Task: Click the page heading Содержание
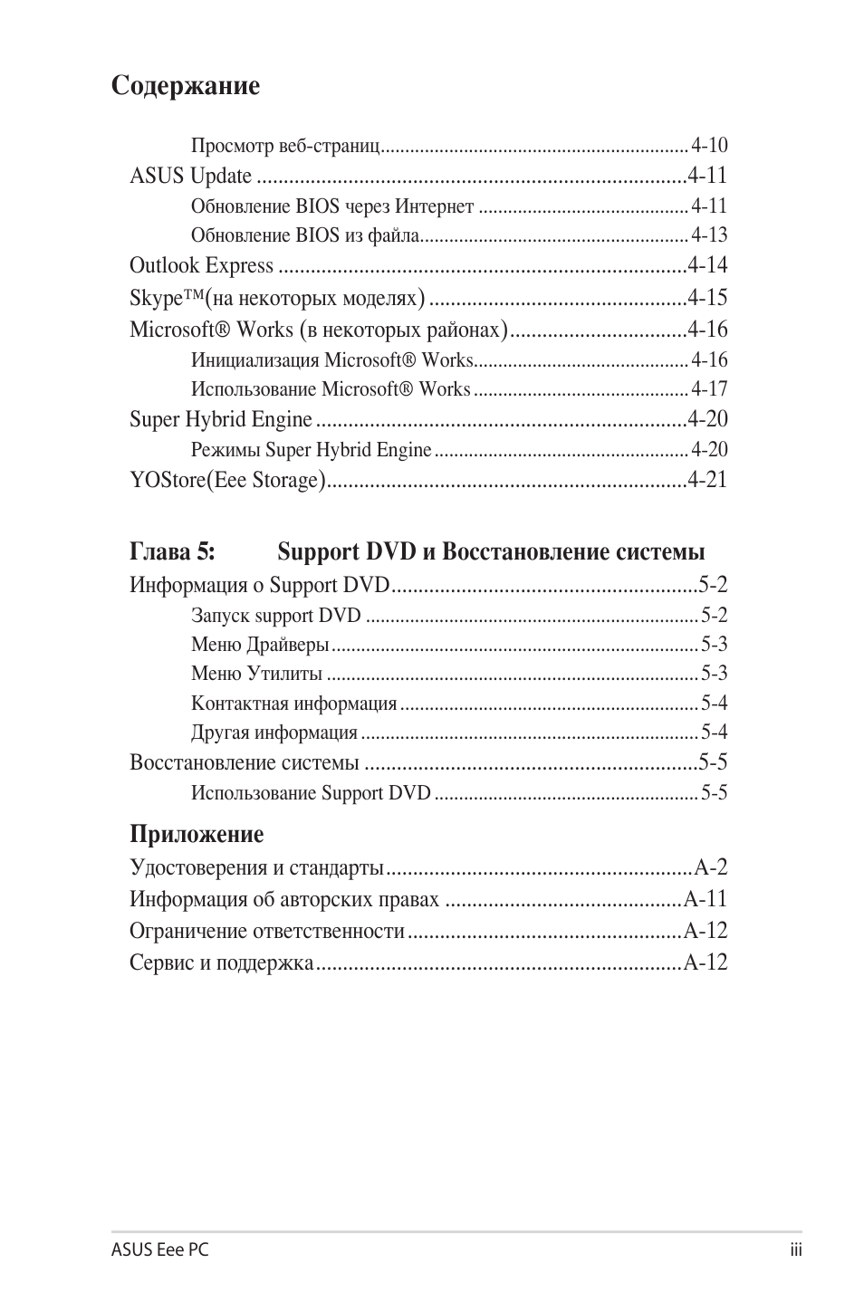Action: coord(186,86)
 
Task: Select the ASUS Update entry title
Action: coord(190,176)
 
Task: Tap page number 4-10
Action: coord(709,146)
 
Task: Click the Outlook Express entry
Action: coord(201,265)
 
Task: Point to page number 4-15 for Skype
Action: coord(707,297)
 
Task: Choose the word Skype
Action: coord(157,298)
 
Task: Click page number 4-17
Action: coord(709,389)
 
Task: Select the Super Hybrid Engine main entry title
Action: coord(220,419)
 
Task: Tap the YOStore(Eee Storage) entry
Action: coord(226,480)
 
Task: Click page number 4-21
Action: coord(707,480)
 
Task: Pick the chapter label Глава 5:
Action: coord(172,551)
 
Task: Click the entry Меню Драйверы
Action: coord(260,645)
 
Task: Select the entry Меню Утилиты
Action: coord(256,674)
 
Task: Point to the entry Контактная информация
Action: coord(293,704)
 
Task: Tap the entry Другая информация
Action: coord(274,732)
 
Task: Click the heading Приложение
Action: coord(197,834)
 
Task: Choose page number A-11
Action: coord(706,899)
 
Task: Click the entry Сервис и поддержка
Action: coord(221,962)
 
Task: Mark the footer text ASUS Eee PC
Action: coord(160,1249)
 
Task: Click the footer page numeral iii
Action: coord(795,1249)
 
